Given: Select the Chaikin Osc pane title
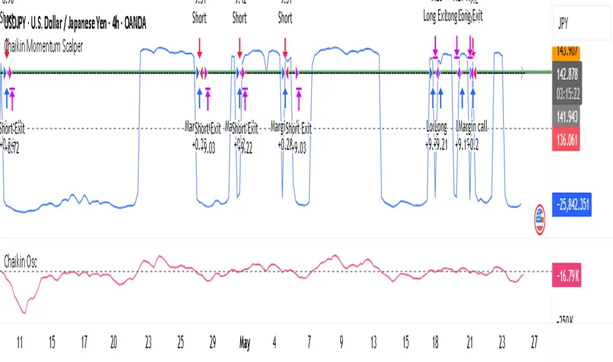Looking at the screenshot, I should pyautogui.click(x=20, y=261).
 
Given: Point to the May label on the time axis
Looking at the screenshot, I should pyautogui.click(x=245, y=343).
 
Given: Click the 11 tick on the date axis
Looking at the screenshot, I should pyautogui.click(x=20, y=343).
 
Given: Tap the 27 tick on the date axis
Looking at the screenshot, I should pyautogui.click(x=534, y=343).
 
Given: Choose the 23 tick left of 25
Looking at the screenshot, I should pyautogui.click(x=149, y=343).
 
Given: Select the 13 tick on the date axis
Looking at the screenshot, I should pyautogui.click(x=374, y=343).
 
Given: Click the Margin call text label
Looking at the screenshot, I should pyautogui.click(x=479, y=126).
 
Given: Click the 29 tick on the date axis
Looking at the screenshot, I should pyautogui.click(x=212, y=343).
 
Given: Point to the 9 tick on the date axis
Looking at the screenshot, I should pyautogui.click(x=341, y=343).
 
